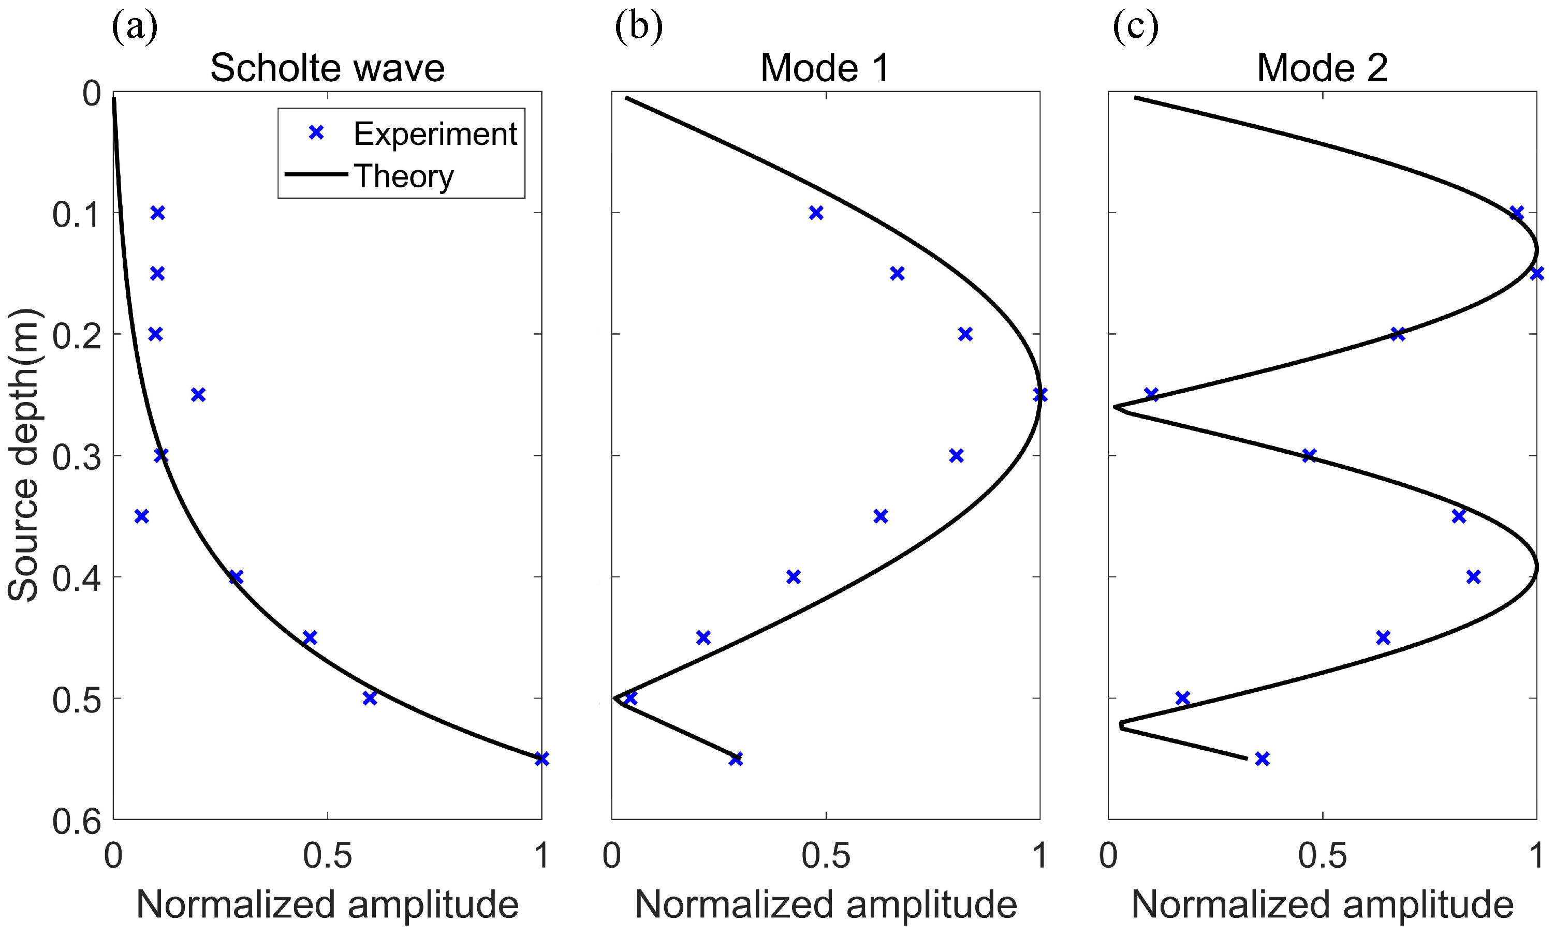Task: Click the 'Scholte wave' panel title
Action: coord(327,68)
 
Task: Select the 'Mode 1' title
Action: coord(825,68)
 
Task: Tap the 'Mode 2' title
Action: coord(1322,68)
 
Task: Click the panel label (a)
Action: coord(135,28)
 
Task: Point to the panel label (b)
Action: coord(638,28)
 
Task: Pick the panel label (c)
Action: coord(1135,28)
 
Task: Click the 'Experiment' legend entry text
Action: coord(435,133)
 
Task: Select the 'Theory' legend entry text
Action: coord(404,176)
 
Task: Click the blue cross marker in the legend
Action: coord(316,133)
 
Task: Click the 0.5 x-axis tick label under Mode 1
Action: coord(825,856)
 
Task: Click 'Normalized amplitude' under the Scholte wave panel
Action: coord(327,904)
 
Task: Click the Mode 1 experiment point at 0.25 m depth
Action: coord(1040,395)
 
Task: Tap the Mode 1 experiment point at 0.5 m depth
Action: coord(630,699)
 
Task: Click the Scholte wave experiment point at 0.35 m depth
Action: coord(142,517)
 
